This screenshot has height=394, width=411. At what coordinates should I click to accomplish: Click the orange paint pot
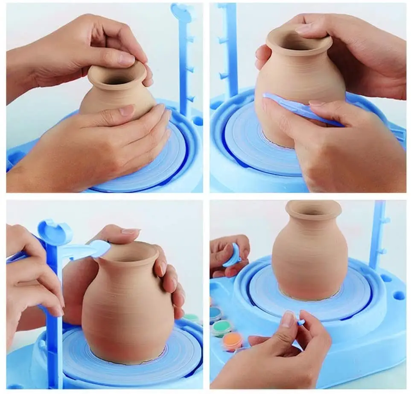point(232,341)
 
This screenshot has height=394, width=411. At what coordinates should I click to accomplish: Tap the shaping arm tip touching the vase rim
point(100,247)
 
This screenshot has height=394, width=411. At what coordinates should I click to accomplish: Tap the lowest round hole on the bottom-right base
point(399,295)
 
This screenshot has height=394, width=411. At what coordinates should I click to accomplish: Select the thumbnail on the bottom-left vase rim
point(130,231)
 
